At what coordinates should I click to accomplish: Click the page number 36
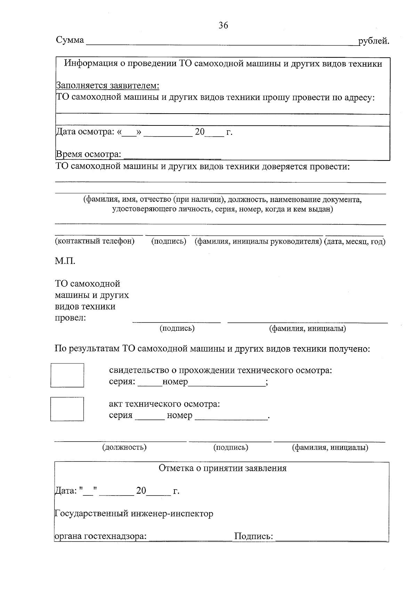pos(223,25)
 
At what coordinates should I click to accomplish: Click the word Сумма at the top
pos(70,40)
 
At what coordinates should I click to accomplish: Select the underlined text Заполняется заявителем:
pos(108,86)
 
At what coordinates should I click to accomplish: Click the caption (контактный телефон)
pos(95,241)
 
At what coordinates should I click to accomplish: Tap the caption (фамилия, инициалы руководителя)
pos(258,241)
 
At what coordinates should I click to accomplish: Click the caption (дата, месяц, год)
pos(354,241)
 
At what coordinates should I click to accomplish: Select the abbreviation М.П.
pos(65,261)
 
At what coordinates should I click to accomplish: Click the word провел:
pos(71,318)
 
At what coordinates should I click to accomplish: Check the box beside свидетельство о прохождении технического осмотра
pos(67,375)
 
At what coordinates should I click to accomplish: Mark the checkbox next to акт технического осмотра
pos(67,409)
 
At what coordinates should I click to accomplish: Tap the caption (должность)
pos(124,447)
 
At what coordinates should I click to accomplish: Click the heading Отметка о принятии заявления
pos(222,468)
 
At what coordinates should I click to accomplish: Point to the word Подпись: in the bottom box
pos(254,536)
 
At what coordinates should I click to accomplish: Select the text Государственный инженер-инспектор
pos(134,514)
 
